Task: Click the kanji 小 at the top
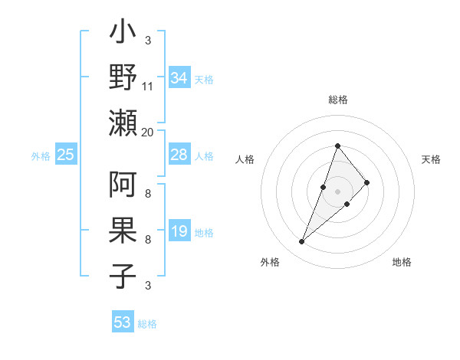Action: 123,35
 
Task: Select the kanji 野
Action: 123,78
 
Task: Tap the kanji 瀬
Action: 123,123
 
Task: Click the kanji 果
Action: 123,231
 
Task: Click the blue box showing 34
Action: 179,78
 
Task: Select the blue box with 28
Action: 179,155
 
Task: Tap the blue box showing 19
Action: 179,231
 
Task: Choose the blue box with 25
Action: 66,155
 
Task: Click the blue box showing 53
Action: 123,322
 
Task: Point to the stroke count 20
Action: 148,133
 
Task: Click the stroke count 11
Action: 148,87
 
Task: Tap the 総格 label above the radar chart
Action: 337,100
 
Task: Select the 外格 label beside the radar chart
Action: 270,262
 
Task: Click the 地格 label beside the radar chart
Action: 402,262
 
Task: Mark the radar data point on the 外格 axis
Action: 301,242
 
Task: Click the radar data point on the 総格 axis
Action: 337,146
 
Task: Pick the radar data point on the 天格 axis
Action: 367,182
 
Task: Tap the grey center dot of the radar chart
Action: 337,191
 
